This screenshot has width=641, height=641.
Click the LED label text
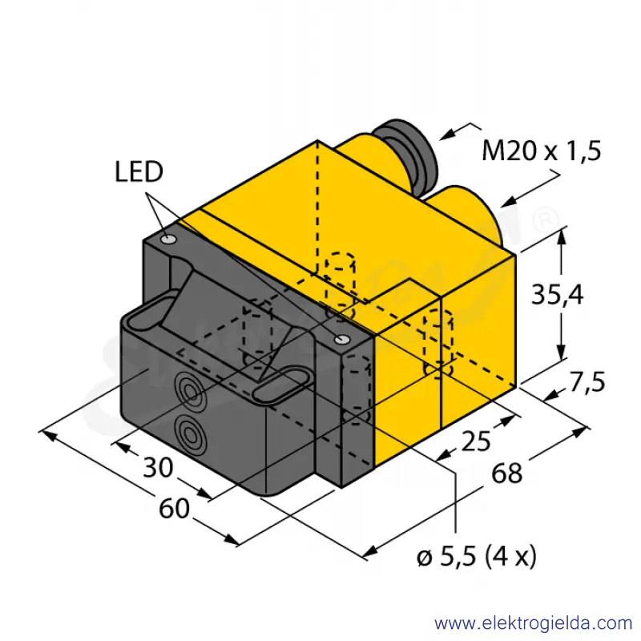point(139,171)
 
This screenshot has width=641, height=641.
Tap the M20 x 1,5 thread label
point(542,151)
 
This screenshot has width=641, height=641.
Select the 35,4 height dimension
point(557,294)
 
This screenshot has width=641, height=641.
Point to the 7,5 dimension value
point(587,383)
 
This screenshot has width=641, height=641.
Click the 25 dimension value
point(476,441)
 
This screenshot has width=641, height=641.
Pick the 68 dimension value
point(507,474)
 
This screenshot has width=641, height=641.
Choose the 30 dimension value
point(158,467)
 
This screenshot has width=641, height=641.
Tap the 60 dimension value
point(175,509)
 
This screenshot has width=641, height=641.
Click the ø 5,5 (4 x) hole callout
point(477,556)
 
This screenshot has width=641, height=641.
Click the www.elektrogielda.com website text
point(534,623)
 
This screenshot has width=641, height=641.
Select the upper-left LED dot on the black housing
point(168,239)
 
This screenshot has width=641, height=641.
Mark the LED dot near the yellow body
point(341,338)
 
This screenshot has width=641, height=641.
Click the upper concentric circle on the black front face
point(189,391)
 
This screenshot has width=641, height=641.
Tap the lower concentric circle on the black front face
point(190,435)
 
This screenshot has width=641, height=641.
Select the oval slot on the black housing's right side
point(283,386)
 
